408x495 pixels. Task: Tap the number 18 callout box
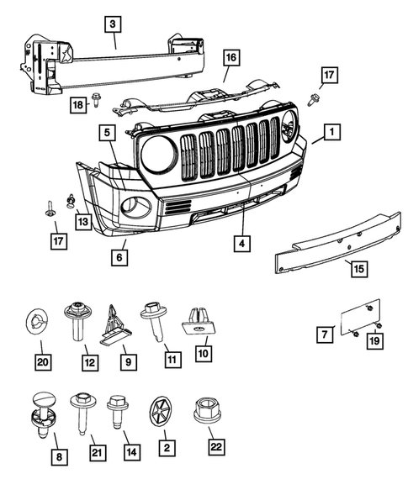click(x=77, y=103)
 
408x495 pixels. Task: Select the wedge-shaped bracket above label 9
click(x=115, y=324)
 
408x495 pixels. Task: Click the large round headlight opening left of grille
click(x=158, y=154)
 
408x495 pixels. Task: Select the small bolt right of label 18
click(x=98, y=100)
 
